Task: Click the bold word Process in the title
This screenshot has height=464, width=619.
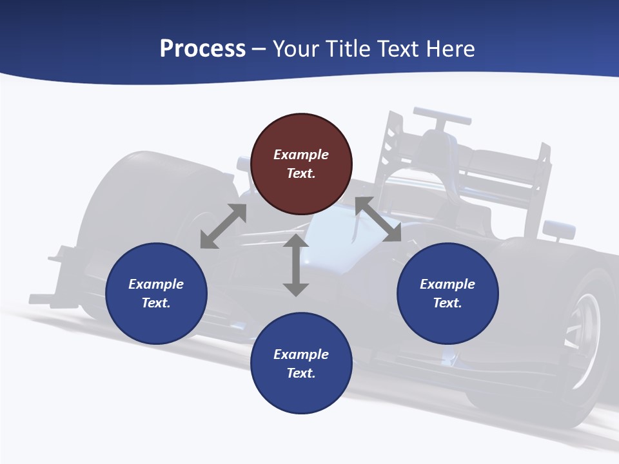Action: click(x=202, y=49)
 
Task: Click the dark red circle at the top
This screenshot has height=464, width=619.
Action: click(x=301, y=164)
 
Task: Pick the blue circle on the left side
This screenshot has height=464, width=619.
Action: click(x=156, y=293)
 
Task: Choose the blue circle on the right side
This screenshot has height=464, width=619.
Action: click(x=447, y=293)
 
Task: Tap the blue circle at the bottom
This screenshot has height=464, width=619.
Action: click(x=301, y=363)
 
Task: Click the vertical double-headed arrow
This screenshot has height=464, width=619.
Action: click(x=296, y=266)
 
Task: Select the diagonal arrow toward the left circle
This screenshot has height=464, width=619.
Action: click(x=223, y=226)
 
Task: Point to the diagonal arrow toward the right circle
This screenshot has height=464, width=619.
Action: click(x=378, y=220)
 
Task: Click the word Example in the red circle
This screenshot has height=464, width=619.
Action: click(x=301, y=155)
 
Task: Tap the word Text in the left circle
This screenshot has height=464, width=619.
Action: click(x=156, y=303)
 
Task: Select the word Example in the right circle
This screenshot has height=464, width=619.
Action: click(x=447, y=284)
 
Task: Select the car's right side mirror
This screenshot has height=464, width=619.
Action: click(x=558, y=229)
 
